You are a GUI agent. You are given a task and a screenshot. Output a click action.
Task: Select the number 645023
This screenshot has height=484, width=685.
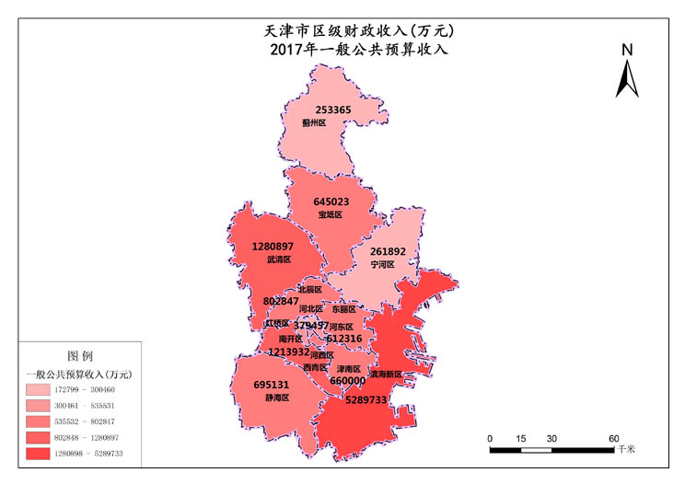coord(331,202)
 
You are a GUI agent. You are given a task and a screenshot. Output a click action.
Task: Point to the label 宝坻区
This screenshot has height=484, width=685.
coord(330,214)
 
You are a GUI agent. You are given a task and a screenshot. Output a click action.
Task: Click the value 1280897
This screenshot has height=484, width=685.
coord(273,247)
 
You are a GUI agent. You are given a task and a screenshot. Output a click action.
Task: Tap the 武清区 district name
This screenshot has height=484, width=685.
coord(278,260)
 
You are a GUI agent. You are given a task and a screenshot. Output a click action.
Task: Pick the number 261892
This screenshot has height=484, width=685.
coord(388,251)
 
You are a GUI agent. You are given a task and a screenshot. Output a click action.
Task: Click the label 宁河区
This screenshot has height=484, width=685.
coord(382,264)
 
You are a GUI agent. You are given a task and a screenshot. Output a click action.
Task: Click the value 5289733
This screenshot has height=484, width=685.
coord(366,400)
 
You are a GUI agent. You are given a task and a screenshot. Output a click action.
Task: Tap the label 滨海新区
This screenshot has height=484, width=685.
coord(386,375)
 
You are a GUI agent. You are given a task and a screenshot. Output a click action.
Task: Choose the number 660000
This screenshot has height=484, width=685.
coord(347,381)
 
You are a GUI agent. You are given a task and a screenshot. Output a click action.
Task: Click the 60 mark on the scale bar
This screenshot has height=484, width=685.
coord(613,438)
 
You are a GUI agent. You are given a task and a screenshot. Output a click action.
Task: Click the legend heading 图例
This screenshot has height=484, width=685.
coord(80,355)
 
